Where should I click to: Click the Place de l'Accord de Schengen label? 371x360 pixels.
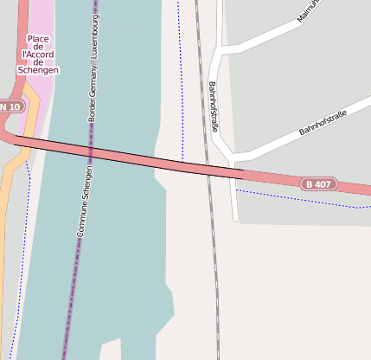[x=37, y=54]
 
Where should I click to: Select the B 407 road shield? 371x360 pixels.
[x=318, y=183]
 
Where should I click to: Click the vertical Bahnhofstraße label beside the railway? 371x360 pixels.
[x=213, y=106]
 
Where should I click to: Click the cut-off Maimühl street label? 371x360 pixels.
[x=309, y=10]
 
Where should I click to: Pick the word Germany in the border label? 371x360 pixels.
[x=93, y=80]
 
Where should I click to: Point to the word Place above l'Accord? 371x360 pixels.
[x=37, y=38]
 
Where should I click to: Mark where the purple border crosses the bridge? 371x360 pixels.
[x=88, y=152]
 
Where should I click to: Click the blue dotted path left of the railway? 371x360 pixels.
[x=182, y=87]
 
